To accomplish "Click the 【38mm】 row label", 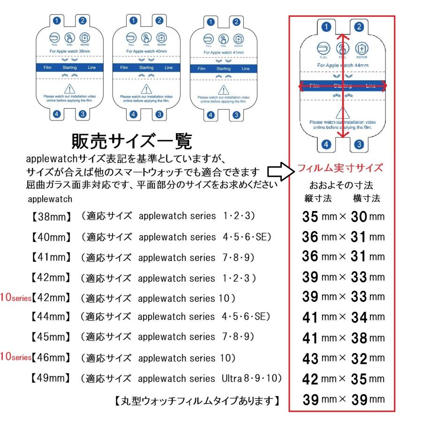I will [51, 217].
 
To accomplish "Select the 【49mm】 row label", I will [51, 377].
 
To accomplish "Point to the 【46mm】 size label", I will [51, 358].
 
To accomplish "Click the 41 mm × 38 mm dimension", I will [342, 337].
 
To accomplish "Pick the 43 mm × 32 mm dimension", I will [342, 358].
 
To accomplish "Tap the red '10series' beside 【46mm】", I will [16, 358].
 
